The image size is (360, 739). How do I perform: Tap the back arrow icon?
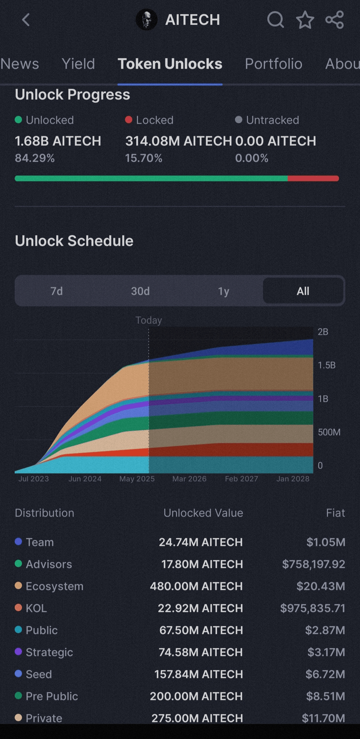tap(26, 20)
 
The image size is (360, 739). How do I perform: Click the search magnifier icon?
tap(275, 20)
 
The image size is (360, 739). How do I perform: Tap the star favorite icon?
tap(305, 20)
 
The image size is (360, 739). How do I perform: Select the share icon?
tap(334, 20)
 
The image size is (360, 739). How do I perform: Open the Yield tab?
tap(78, 64)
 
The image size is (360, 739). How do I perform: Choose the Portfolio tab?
tap(274, 64)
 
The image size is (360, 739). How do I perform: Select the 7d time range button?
tap(57, 291)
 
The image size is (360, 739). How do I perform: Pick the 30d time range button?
tap(140, 291)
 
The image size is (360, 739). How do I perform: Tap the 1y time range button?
tap(224, 291)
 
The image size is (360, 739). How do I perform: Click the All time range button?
tap(303, 291)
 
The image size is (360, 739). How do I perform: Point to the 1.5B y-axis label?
tap(327, 365)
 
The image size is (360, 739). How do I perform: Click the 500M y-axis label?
tap(329, 432)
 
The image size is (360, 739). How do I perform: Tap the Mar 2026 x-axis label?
tap(189, 479)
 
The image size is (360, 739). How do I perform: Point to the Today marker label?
tap(149, 320)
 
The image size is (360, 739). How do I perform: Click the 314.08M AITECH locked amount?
tap(178, 141)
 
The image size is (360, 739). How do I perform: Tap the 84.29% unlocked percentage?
tap(35, 158)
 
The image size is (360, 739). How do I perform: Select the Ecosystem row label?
tap(55, 586)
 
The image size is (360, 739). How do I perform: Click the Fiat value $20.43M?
tap(321, 586)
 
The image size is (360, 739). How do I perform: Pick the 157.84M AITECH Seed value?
tap(198, 674)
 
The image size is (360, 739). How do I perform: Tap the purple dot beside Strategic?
tap(18, 652)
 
